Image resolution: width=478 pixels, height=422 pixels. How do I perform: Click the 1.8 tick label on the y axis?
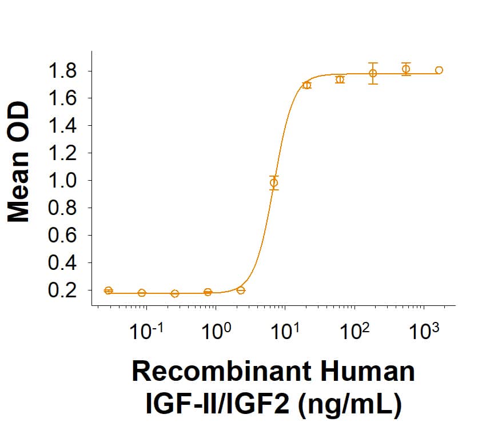[x=66, y=71]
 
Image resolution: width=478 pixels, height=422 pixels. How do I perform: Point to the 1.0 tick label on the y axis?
[x=66, y=181]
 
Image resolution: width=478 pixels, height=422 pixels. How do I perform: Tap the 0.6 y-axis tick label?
[x=66, y=236]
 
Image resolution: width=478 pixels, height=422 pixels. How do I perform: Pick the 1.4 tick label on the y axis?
[x=66, y=126]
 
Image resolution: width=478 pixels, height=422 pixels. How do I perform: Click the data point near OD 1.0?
[x=274, y=183]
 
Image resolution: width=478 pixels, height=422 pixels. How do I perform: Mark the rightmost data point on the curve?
[x=439, y=70]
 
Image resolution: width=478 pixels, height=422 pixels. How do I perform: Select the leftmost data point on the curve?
[x=109, y=290]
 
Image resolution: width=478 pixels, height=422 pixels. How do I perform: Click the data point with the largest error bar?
[x=373, y=73]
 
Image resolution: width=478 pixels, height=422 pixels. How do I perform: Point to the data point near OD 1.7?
[x=307, y=85]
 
